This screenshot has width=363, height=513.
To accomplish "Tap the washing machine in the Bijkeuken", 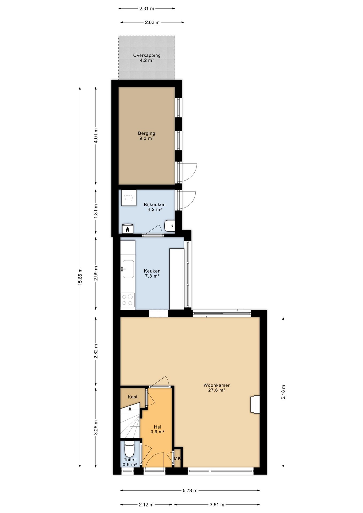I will pos(129,198).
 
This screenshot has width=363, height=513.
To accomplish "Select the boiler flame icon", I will pos(128,229).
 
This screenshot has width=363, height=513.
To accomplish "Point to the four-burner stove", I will pos(128,300).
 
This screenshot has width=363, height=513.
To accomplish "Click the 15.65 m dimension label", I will pos(80,277).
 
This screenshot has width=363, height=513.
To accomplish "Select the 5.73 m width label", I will pos(190,490).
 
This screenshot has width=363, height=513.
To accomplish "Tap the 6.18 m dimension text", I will pos(283,392).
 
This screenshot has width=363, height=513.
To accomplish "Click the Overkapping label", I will pos(147,55).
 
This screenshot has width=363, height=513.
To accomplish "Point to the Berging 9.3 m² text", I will pos(146,136).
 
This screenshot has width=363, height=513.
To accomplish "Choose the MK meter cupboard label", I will pos(177,458).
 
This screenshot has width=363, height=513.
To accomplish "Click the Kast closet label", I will pos(133,397).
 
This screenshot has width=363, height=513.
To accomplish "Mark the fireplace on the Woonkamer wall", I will pos(255,404).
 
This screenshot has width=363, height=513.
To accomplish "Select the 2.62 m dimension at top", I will pos(152,22).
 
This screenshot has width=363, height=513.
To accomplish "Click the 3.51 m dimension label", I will pos(217,504).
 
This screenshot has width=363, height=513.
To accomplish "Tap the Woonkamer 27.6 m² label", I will pos(217,387).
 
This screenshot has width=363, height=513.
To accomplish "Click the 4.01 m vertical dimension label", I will pos(96,136).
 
